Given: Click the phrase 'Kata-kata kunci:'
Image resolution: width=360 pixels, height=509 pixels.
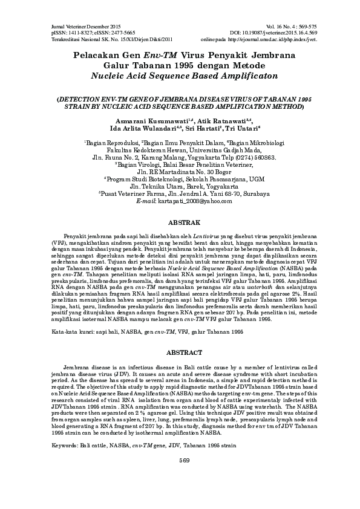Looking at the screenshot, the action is [x=68, y=332].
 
